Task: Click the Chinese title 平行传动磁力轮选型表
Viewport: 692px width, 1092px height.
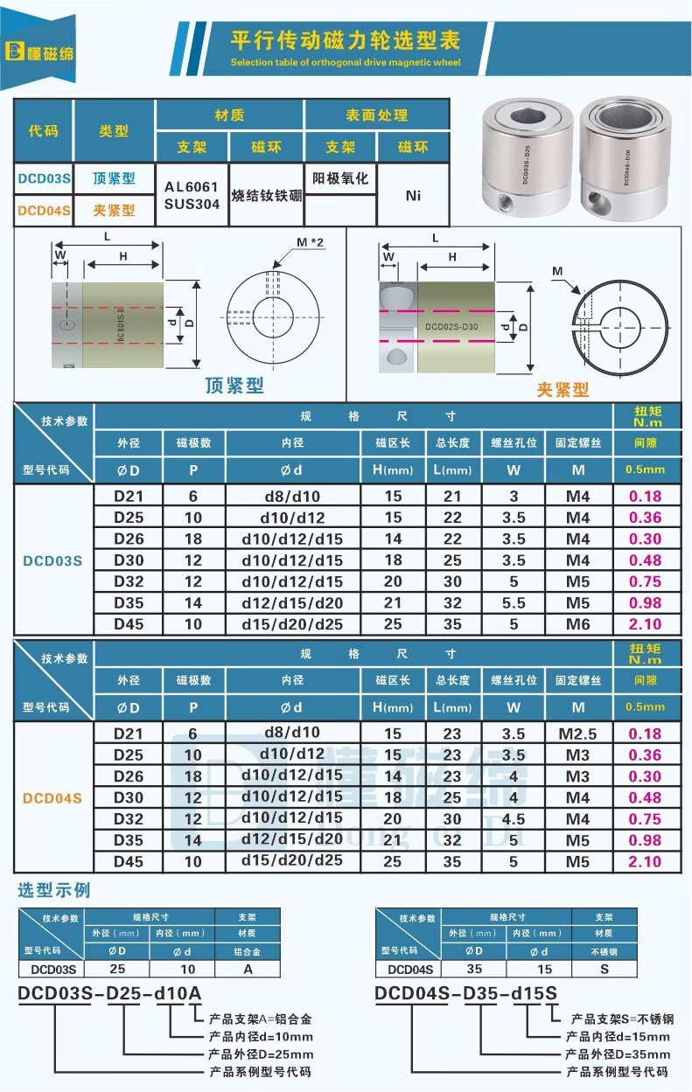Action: pyautogui.click(x=345, y=39)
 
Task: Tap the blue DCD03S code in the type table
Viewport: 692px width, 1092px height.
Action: pyautogui.click(x=44, y=179)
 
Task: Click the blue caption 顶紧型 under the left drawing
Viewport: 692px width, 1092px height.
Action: pyautogui.click(x=234, y=385)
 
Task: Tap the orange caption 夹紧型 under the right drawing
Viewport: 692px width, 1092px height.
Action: pyautogui.click(x=562, y=390)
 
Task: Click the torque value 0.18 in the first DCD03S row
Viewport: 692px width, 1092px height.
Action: pyautogui.click(x=646, y=497)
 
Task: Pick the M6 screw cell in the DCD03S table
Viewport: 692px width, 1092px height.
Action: pyautogui.click(x=577, y=624)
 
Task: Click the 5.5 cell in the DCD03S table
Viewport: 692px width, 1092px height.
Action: pyautogui.click(x=514, y=603)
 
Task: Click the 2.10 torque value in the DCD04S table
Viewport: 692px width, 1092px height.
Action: pyautogui.click(x=646, y=862)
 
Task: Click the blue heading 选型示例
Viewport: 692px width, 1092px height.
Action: pyautogui.click(x=54, y=891)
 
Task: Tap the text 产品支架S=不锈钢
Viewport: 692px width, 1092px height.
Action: pyautogui.click(x=622, y=1019)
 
